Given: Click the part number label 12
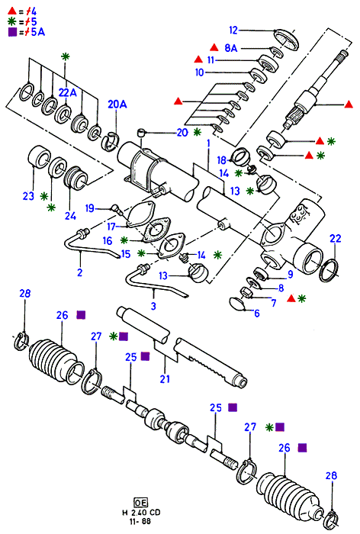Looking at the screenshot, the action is pos(233,31).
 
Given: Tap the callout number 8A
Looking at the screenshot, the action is pos(230,48).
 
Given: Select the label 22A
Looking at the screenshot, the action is pos(68,92).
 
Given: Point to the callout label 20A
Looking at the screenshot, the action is pos(117,105).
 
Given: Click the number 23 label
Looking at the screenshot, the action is pos(29,196).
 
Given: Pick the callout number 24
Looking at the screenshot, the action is pos(70,216).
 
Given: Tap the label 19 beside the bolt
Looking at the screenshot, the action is pos(89,207).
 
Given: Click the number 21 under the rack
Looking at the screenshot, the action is pos(165,378).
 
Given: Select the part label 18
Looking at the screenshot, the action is pos(222,160).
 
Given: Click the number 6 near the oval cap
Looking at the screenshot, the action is pos(257,313).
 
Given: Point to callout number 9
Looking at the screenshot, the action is pos(290,274).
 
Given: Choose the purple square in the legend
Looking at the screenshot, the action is pos(12,32).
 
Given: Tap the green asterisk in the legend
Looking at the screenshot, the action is pos(12,21).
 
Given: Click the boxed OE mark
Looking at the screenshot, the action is pos(140,503).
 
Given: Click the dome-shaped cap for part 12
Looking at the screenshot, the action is pos(286,39).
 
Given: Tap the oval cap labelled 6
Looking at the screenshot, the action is pos(238,304).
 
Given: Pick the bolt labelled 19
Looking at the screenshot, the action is pos(117,208).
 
